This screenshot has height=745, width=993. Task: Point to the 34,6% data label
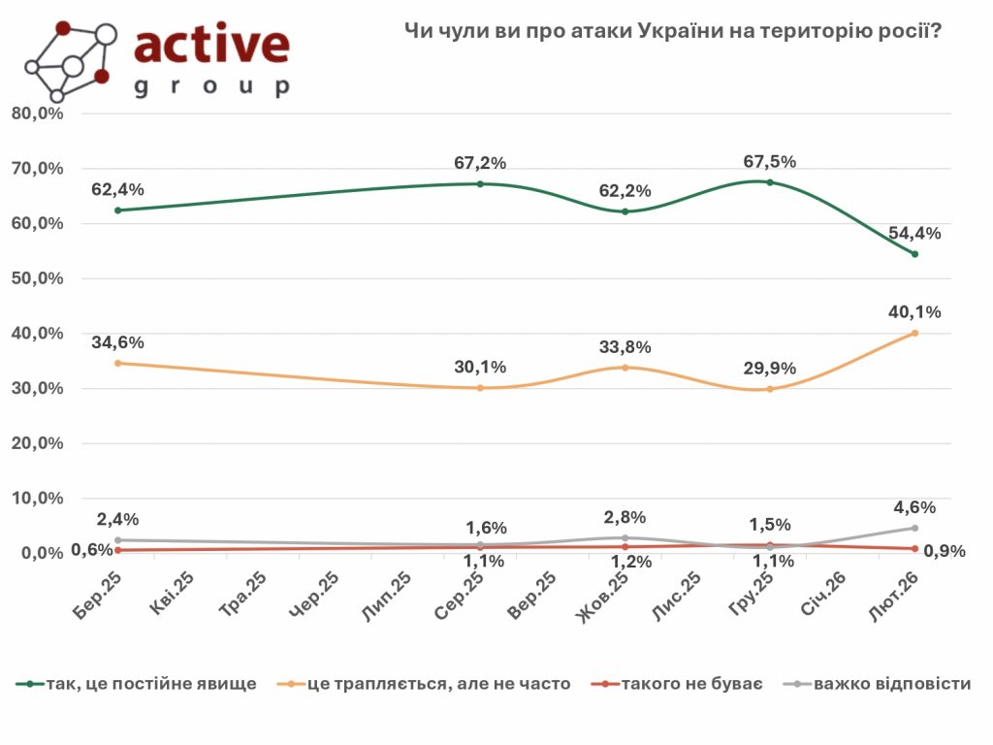pyautogui.click(x=119, y=342)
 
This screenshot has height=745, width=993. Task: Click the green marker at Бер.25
pyautogui.click(x=118, y=211)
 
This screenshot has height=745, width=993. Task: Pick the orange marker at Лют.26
pyautogui.click(x=914, y=334)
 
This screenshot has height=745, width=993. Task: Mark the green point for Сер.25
pyautogui.click(x=481, y=183)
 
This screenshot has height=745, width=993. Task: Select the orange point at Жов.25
pyautogui.click(x=625, y=368)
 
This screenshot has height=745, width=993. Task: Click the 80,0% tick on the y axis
pyautogui.click(x=37, y=113)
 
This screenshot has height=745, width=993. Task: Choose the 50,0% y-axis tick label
pyautogui.click(x=37, y=278)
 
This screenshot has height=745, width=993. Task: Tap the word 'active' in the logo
pyautogui.click(x=211, y=46)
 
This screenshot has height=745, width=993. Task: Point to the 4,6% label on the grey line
pyautogui.click(x=913, y=506)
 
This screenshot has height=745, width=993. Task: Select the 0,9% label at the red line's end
pyautogui.click(x=945, y=551)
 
